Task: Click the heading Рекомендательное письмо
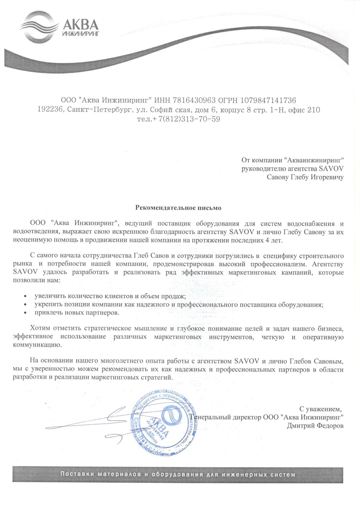point(178,208)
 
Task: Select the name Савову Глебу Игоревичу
point(305,177)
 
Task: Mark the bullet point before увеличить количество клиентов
point(26,296)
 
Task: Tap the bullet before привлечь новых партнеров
point(26,313)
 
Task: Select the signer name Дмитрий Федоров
point(315,426)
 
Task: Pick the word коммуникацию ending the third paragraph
point(37,345)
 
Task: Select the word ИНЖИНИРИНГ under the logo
point(81,34)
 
